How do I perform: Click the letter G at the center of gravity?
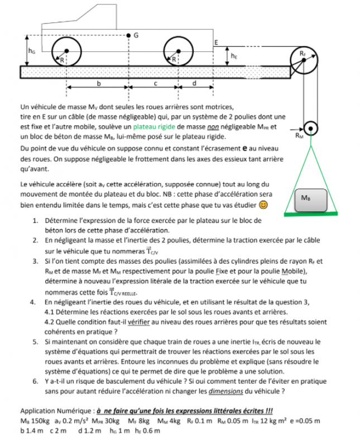[x=135, y=35]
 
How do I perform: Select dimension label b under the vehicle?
[x=99, y=84]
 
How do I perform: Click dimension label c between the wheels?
[x=157, y=84]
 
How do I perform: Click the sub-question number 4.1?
[x=50, y=312]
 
